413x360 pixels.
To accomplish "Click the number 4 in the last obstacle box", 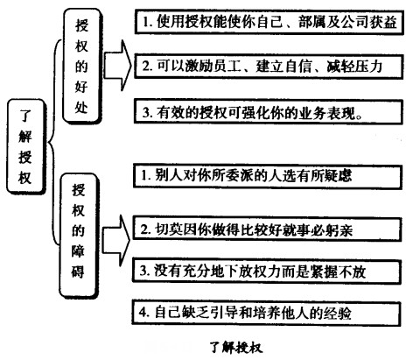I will coord(146,312).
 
